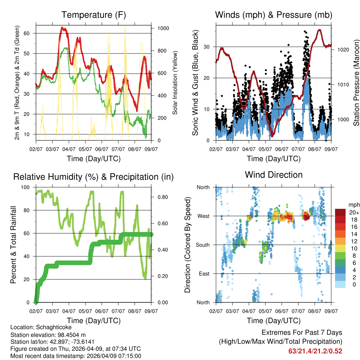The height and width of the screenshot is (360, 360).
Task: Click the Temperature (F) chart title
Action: (x=94, y=15)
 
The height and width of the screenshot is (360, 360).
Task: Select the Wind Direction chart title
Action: (x=274, y=175)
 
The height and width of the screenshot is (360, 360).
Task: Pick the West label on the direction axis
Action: (x=204, y=216)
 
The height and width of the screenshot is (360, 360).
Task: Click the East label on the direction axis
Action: (x=204, y=274)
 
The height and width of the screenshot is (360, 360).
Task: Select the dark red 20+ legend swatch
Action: (x=341, y=213)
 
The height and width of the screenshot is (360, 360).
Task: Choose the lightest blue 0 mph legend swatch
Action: (x=341, y=284)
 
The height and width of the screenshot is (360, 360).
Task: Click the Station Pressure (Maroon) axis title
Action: (x=356, y=83)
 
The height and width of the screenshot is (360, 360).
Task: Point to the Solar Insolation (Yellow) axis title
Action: (x=175, y=83)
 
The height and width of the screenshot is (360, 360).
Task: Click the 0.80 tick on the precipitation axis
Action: (x=160, y=197)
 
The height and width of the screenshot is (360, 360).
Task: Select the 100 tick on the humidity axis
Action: (x=27, y=187)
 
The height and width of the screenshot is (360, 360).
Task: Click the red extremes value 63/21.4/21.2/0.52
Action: (x=315, y=351)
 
